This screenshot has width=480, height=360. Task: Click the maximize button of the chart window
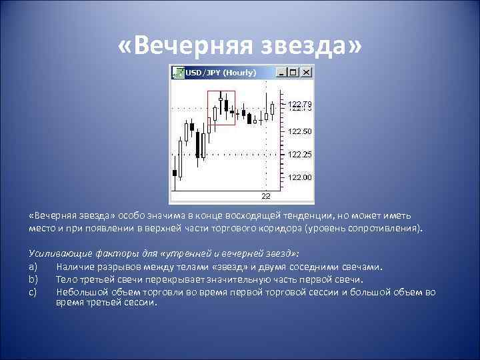pyautogui.click(x=294, y=72)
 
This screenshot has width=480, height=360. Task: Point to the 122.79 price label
pyautogui.click(x=299, y=105)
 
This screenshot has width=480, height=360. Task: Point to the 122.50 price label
pyautogui.click(x=299, y=131)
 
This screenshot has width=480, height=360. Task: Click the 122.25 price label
pyautogui.click(x=299, y=154)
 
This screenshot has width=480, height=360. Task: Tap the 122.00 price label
pyautogui.click(x=299, y=177)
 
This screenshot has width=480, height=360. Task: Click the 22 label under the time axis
pyautogui.click(x=265, y=196)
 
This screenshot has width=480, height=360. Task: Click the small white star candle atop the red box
pyautogui.click(x=221, y=98)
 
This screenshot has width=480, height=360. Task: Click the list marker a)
pyautogui.click(x=33, y=267)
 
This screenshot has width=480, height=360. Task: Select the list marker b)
pyautogui.click(x=33, y=279)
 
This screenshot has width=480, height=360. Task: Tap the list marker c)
pyautogui.click(x=33, y=291)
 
